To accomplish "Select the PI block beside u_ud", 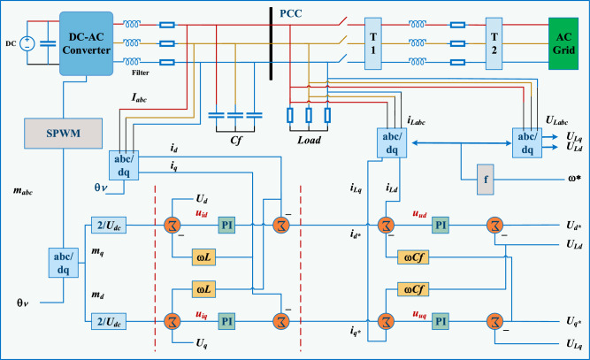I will click(441, 225).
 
